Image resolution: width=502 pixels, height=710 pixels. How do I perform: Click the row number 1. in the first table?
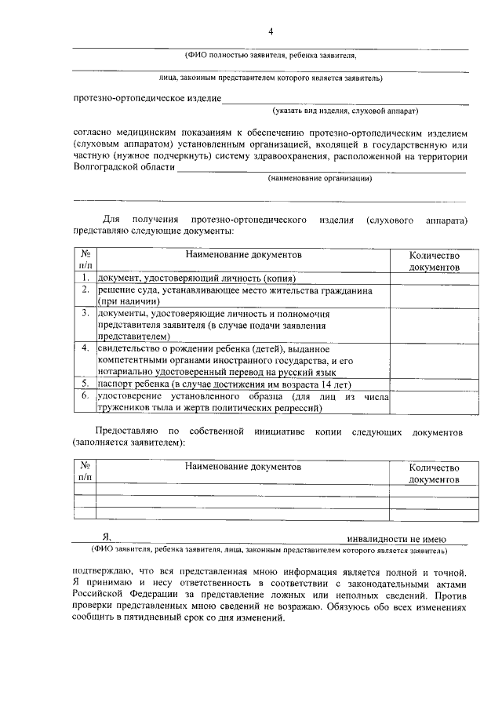[85, 279]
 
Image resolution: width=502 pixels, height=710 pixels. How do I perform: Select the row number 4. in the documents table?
[85, 348]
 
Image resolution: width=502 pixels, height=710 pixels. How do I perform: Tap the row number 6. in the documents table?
[85, 397]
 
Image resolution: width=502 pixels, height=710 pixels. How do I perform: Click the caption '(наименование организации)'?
[319, 179]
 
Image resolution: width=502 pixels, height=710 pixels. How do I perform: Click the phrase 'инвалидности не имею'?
[397, 539]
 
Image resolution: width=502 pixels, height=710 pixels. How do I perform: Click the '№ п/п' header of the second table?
[85, 472]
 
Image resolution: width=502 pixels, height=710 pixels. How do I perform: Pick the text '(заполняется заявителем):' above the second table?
[129, 443]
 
